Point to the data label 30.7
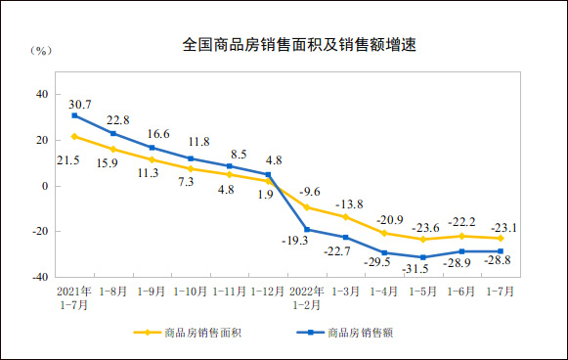click(x=80, y=103)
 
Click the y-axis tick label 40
click(x=42, y=94)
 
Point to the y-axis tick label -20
click(x=39, y=232)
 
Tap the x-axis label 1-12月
click(x=267, y=292)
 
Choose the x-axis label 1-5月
click(x=422, y=292)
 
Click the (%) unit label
click(x=40, y=49)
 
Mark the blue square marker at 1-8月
click(x=113, y=133)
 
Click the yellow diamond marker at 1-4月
click(x=384, y=233)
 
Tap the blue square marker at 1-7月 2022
click(x=501, y=251)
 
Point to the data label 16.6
click(x=158, y=134)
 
